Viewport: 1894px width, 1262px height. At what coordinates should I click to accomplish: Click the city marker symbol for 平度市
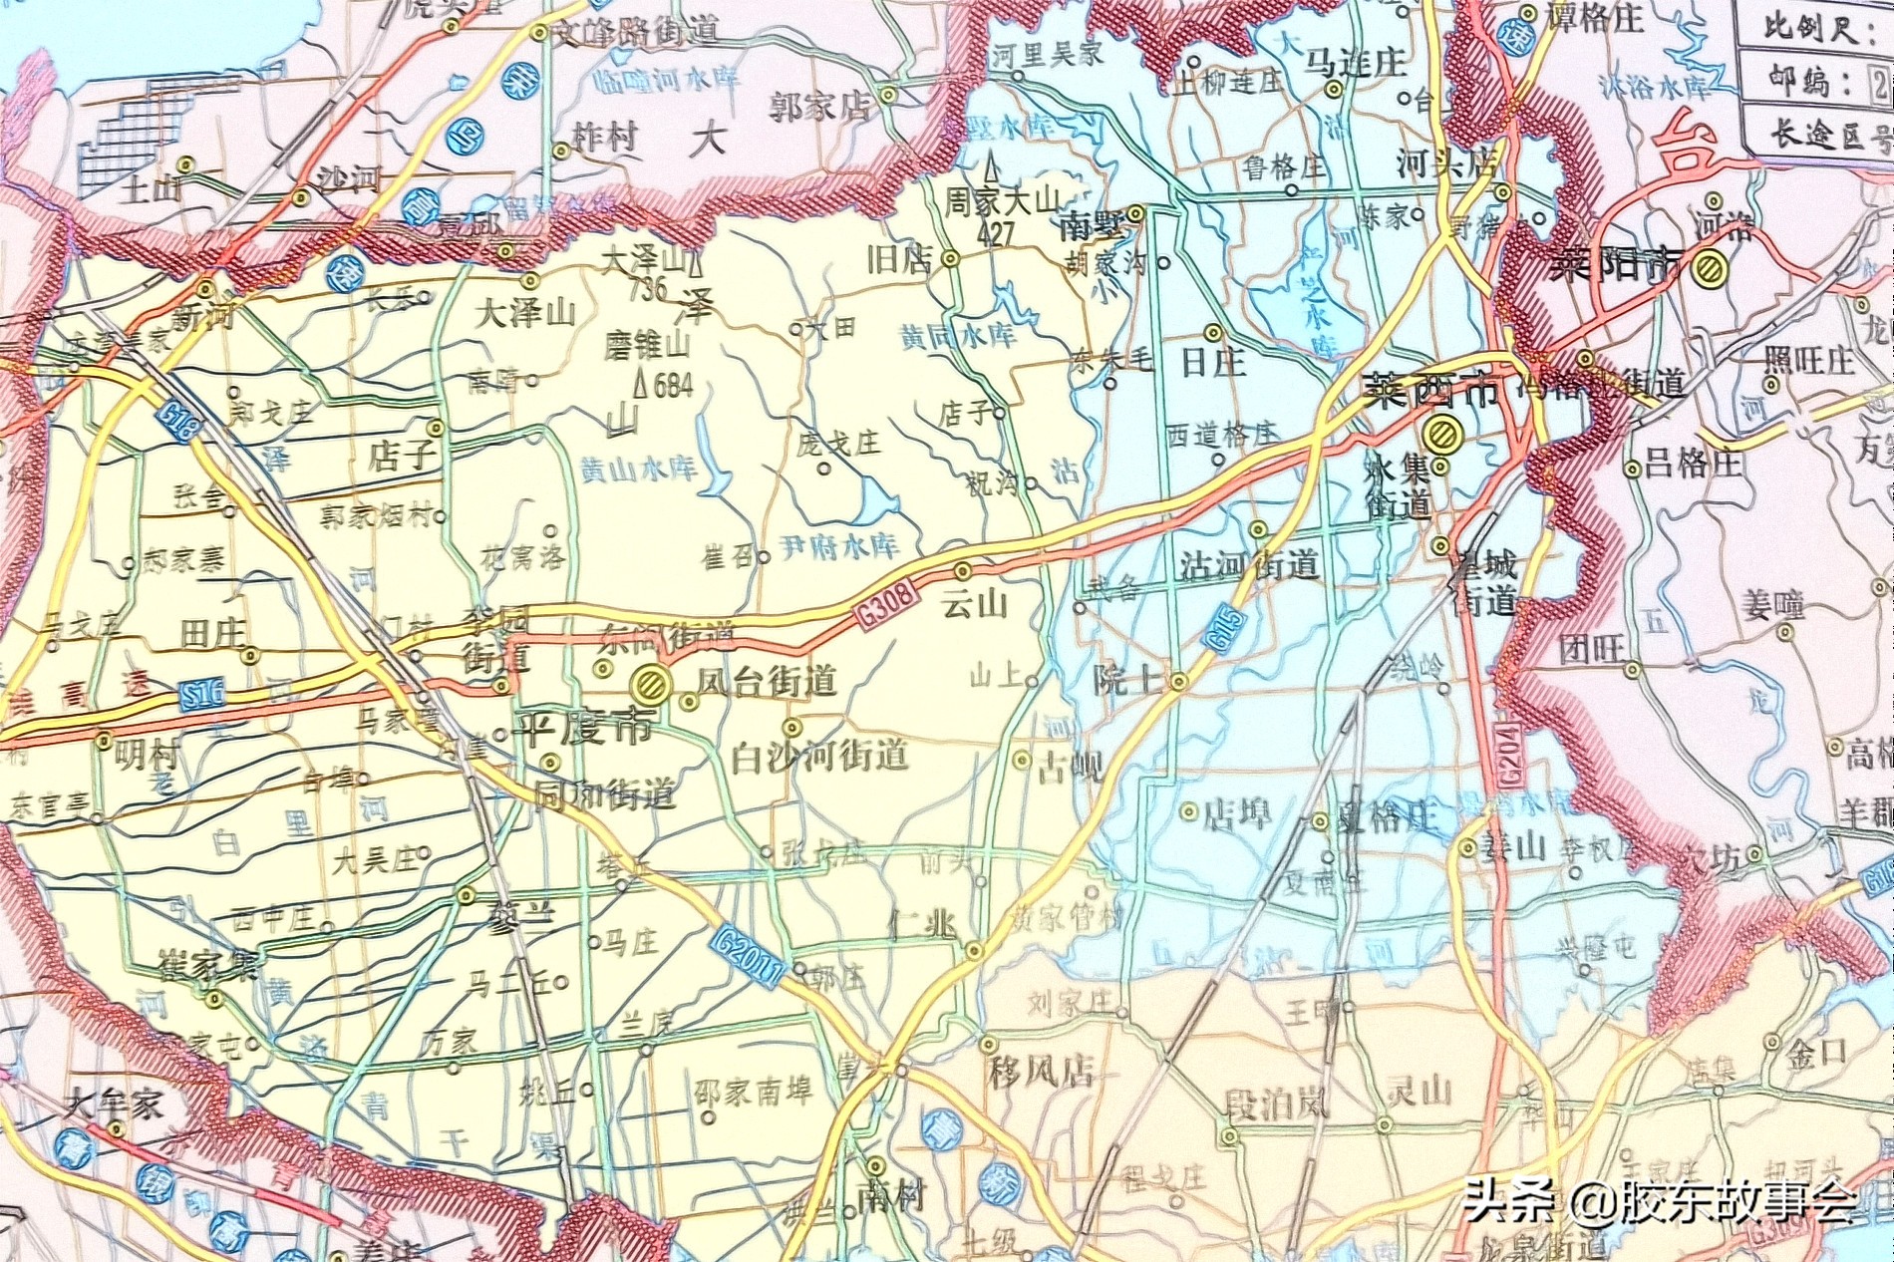coord(649,684)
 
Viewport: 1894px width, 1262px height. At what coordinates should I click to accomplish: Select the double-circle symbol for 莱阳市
coord(1711,266)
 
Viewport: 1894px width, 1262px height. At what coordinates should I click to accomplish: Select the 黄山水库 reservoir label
coord(638,469)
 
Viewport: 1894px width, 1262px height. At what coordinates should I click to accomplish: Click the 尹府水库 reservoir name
coord(839,545)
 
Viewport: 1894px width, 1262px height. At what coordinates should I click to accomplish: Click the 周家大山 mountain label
coord(1002,200)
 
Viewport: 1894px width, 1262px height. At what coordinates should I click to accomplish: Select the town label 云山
coord(974,603)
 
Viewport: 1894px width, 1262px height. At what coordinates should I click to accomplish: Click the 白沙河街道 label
coord(819,757)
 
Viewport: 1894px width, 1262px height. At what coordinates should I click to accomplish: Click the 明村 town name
coord(148,754)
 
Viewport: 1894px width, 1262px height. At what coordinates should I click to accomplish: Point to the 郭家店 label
coord(819,107)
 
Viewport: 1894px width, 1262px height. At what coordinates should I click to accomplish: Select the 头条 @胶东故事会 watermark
coord(1660,1200)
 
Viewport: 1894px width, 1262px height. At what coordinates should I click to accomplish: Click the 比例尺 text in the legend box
coord(1809,27)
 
